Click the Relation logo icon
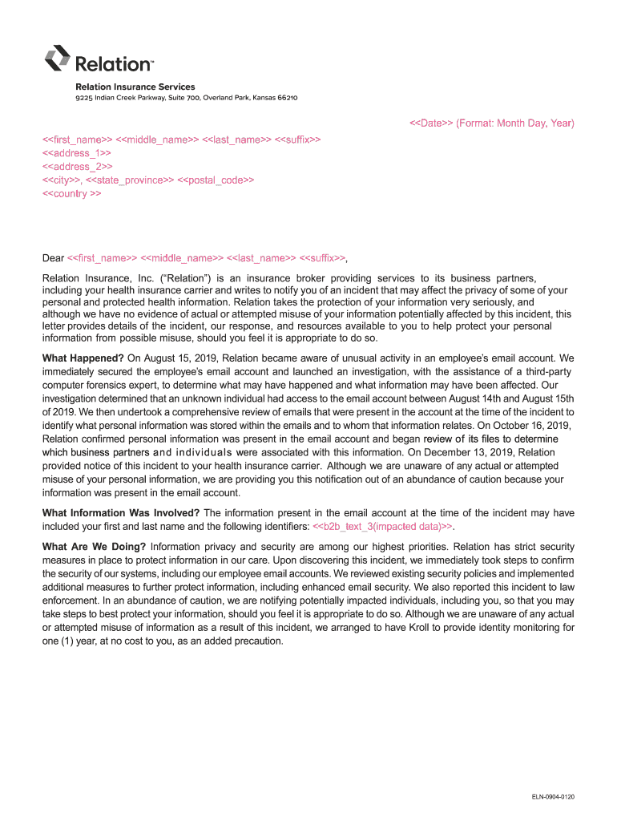pyautogui.click(x=57, y=58)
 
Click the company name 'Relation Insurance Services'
pyautogui.click(x=135, y=87)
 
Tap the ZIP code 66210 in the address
pyautogui.click(x=286, y=98)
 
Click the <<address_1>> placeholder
pyautogui.click(x=76, y=152)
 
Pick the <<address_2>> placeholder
pyautogui.click(x=76, y=166)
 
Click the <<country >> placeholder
pyautogui.click(x=71, y=194)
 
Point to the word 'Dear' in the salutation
pyautogui.click(x=53, y=258)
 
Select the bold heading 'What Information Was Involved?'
pyautogui.click(x=121, y=512)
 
